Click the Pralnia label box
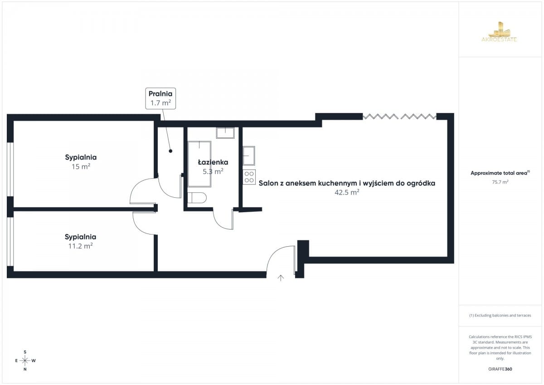(160, 98)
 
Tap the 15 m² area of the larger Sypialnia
(81, 166)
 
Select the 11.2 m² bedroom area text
(80, 246)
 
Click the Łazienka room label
(213, 162)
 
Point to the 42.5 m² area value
(347, 192)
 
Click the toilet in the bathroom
(197, 198)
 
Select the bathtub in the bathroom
(199, 164)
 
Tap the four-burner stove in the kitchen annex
(249, 177)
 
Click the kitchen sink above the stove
(249, 156)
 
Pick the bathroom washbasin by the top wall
(225, 133)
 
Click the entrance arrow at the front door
(281, 278)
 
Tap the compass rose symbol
(25, 361)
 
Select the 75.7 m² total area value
(500, 182)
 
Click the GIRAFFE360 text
(500, 369)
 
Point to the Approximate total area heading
(500, 173)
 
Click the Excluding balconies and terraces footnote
(500, 315)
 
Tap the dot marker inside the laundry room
(170, 151)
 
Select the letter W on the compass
(34, 361)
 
